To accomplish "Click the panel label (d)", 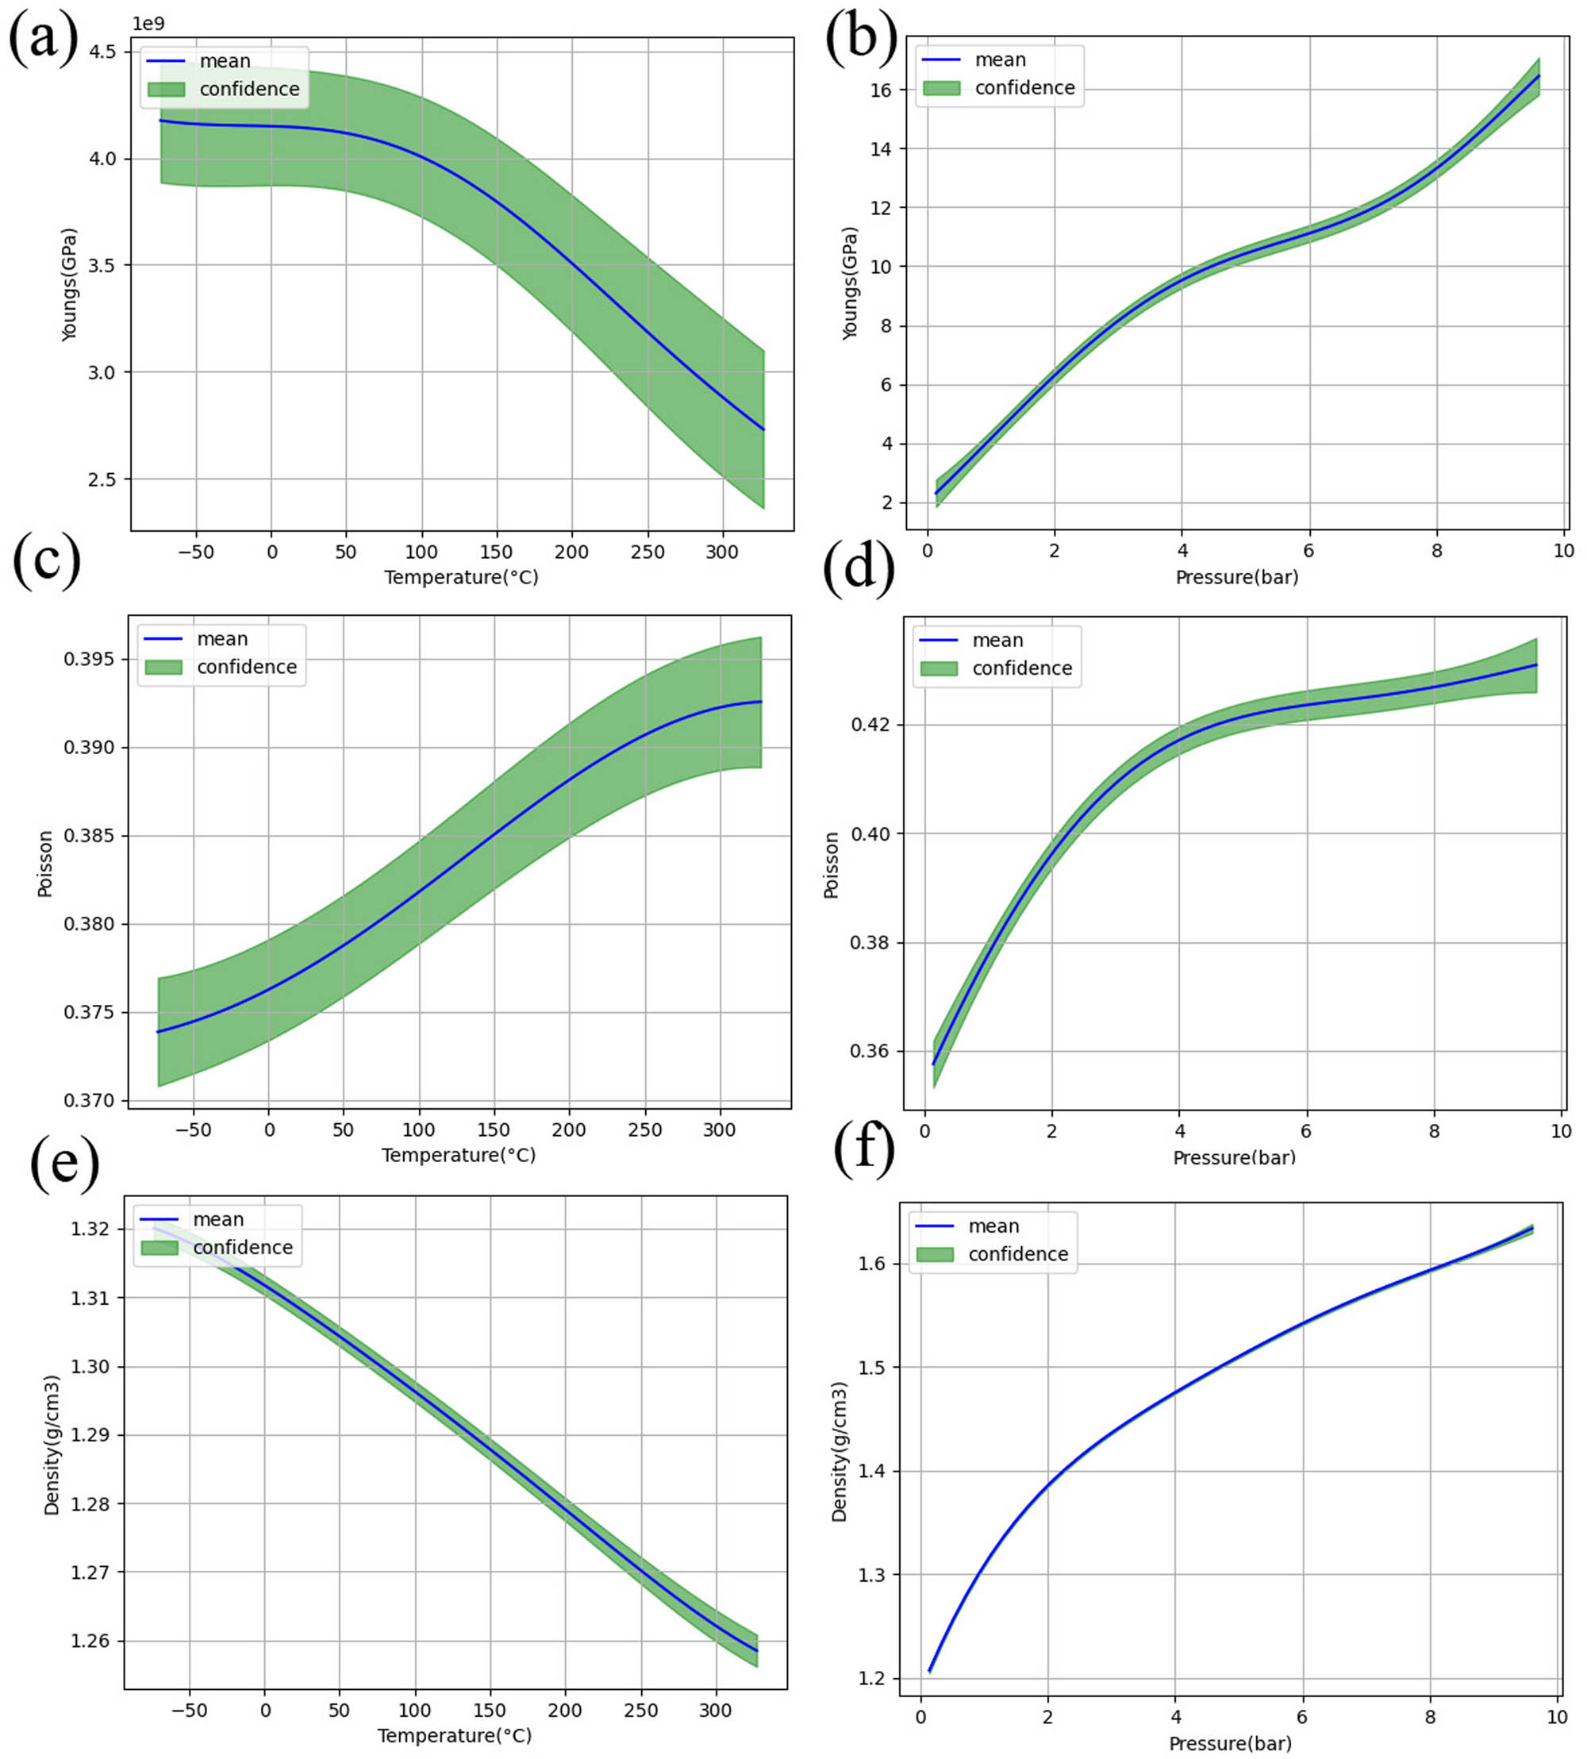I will coord(858,568).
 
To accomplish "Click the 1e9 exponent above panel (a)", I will coord(148,24).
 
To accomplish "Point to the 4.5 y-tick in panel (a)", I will coord(103,52).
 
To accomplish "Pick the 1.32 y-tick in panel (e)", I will coord(90,1229).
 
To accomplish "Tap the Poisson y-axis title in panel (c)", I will coord(45,864).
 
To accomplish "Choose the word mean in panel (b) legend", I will coord(1000,60).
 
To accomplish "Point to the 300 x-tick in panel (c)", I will coord(720,1130).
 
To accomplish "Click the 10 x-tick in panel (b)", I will coord(1563,550).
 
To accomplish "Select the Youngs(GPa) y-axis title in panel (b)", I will coord(850,283).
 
